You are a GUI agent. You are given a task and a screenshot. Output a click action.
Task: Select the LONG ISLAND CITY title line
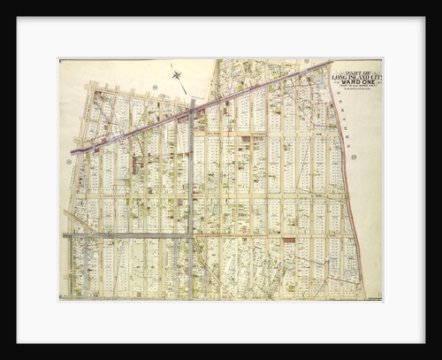358,76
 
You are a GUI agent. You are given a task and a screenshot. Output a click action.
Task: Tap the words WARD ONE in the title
358,82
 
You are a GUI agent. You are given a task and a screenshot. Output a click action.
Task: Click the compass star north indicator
178,76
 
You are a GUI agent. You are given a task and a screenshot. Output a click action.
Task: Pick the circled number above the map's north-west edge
154,87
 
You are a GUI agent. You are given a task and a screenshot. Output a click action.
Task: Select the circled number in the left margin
68,161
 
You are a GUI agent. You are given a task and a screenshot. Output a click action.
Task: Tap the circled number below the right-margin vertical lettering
354,157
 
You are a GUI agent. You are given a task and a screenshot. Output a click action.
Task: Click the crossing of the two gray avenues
190,235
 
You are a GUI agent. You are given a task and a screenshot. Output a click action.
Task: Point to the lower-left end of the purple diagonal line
72,151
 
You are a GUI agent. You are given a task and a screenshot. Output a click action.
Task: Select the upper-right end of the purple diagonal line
331,62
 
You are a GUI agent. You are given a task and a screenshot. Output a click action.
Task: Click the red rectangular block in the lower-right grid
288,240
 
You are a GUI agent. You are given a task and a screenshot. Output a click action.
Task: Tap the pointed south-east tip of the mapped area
363,296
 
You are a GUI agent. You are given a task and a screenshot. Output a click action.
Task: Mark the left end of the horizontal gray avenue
65,235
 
